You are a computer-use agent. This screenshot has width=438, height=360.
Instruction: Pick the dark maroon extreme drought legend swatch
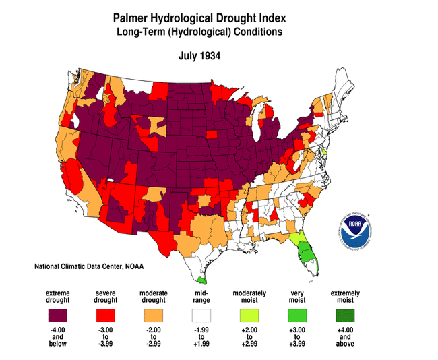click(58, 316)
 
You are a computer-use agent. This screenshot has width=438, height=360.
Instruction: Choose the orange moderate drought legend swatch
click(153, 316)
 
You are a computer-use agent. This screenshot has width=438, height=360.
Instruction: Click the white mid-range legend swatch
click(201, 316)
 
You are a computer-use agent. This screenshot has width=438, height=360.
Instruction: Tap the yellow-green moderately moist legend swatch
click(249, 316)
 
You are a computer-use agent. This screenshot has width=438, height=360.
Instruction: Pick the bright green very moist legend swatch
click(296, 316)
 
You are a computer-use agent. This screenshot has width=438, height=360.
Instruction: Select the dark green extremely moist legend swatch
click(344, 316)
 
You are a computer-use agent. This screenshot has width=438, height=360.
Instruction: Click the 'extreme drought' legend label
click(58, 297)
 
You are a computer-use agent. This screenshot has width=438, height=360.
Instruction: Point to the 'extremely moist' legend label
click(344, 297)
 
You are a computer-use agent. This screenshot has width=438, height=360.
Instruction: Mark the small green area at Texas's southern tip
click(201, 278)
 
